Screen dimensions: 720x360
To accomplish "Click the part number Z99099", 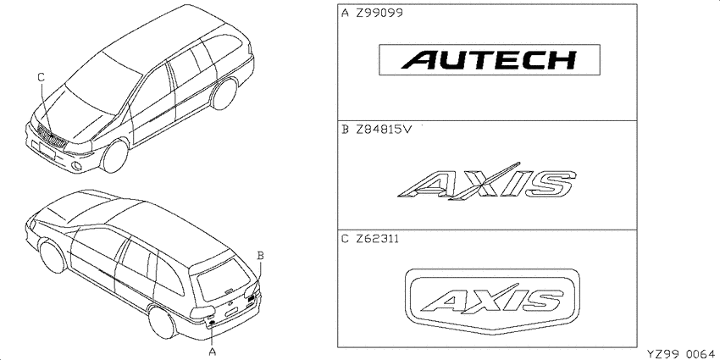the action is [x=379, y=13].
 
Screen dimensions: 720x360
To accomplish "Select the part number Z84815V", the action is [x=384, y=130].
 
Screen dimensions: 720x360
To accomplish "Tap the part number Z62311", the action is [x=378, y=239].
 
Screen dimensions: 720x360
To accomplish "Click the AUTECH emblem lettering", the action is [x=490, y=59].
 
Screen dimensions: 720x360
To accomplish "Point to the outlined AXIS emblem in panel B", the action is [x=487, y=181].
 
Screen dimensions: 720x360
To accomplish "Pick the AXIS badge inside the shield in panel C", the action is [x=492, y=299].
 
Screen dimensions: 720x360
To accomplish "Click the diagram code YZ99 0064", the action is [x=681, y=353].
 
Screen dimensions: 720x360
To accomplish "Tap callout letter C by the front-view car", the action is [x=41, y=78].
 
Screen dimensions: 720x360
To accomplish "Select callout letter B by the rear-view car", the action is [x=260, y=256].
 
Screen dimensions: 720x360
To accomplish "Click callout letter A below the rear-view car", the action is [x=212, y=352].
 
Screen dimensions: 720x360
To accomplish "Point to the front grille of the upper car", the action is [x=52, y=137].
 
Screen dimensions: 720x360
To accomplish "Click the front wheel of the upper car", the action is [x=114, y=156].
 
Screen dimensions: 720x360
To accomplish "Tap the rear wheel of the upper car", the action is [x=224, y=94].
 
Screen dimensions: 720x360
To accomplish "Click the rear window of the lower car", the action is [x=224, y=280].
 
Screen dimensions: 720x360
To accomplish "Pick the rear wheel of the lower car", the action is [x=162, y=322].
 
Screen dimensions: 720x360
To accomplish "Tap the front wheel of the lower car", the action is [x=53, y=257].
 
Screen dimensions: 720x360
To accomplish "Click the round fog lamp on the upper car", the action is [x=78, y=166].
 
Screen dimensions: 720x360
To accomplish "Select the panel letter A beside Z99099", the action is [x=346, y=13].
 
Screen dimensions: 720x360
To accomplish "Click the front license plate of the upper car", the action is [x=47, y=151].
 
